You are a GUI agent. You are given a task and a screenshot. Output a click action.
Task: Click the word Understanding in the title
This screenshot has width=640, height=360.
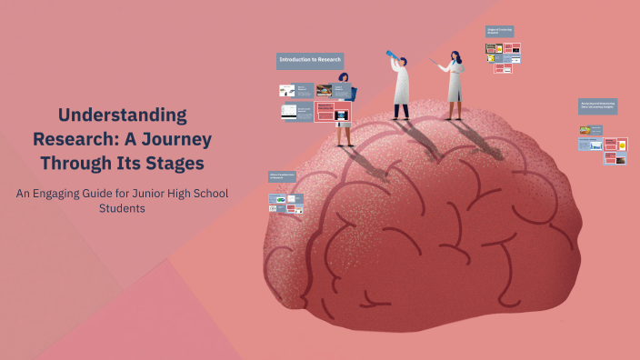tap(123, 115)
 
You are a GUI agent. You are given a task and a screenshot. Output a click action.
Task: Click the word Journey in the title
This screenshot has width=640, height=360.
tap(175, 139)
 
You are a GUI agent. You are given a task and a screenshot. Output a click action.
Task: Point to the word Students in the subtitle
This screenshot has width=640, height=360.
tap(122, 208)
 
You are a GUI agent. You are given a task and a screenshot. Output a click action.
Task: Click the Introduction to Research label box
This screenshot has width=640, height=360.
tap(310, 60)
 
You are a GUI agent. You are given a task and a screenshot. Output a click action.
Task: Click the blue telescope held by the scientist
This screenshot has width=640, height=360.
tap(391, 56)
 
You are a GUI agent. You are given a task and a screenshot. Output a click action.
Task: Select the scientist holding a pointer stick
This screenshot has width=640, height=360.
tap(455, 86)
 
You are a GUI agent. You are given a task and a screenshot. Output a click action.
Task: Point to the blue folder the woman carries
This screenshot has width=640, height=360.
tap(351, 93)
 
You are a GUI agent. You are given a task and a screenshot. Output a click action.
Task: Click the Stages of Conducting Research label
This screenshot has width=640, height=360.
tap(500, 32)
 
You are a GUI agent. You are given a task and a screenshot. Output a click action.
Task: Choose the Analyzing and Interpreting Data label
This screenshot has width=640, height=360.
tap(597, 106)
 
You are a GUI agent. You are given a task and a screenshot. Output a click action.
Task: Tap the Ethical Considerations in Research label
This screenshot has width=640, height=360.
tap(285, 176)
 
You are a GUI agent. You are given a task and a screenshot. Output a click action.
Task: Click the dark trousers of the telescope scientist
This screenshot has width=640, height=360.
tap(401, 110)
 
